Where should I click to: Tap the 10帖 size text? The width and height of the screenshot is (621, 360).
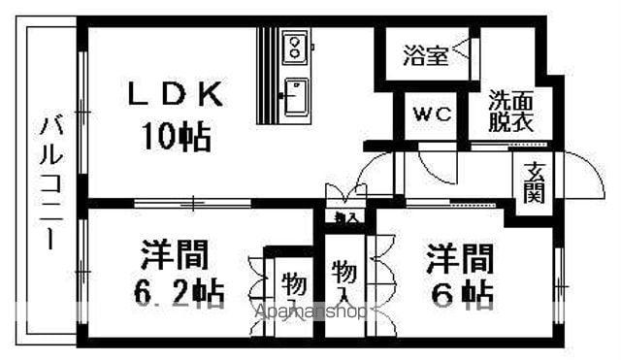coord(178,137)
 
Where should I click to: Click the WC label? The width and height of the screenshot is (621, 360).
coord(433,115)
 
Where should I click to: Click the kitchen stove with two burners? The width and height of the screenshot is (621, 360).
coord(294,45)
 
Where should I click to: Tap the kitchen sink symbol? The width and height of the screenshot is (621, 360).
coord(294,95)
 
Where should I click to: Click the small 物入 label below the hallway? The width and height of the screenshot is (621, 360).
coord(344,218)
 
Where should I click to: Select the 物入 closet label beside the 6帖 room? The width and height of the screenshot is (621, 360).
coord(343,279)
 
